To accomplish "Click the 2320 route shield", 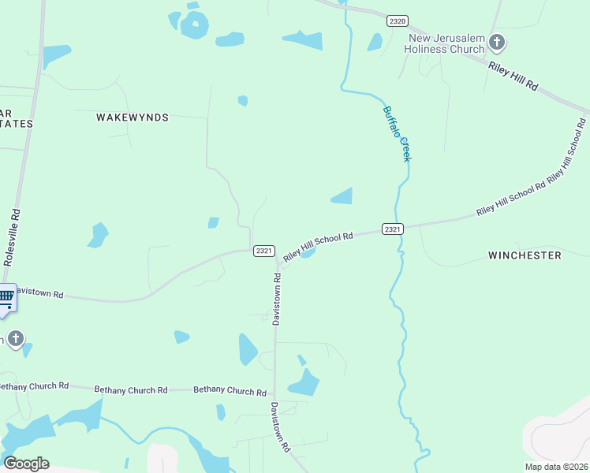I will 398,21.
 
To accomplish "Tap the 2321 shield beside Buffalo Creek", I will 393,229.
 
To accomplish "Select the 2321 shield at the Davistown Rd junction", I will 264,251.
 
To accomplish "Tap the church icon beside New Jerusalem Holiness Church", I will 496,42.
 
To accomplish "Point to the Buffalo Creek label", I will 397,133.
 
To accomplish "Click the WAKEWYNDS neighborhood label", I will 133,117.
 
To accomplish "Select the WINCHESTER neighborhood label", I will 525,255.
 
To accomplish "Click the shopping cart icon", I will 6,298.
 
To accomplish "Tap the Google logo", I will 26,464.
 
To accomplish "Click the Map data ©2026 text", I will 556,467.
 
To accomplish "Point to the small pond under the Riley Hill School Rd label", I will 308,254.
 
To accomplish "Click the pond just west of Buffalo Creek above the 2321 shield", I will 342,196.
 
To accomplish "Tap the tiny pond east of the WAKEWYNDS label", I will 243,101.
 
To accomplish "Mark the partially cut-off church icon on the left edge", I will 13,339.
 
